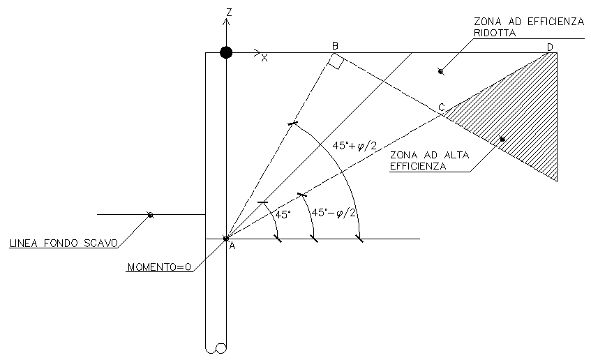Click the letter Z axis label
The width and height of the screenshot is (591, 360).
click(x=228, y=12)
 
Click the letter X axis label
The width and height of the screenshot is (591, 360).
click(x=264, y=59)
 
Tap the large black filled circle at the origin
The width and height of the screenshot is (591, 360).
click(x=225, y=52)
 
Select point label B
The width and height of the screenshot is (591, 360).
click(x=335, y=46)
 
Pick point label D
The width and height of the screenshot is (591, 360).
click(x=550, y=47)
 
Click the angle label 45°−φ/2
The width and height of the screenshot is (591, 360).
click(x=334, y=212)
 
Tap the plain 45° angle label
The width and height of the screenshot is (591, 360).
click(x=282, y=215)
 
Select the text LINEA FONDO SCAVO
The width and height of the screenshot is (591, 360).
click(x=63, y=244)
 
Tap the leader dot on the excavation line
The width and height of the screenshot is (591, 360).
click(x=150, y=215)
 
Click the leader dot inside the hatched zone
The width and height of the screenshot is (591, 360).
click(x=502, y=139)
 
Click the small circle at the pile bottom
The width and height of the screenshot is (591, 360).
click(x=221, y=348)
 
